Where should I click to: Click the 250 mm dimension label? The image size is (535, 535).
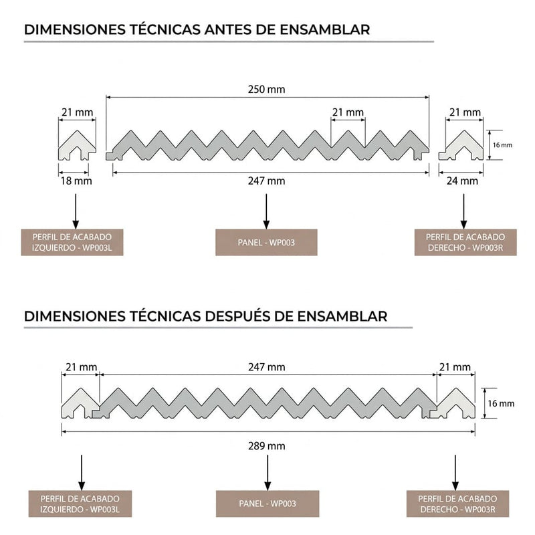point(266,90)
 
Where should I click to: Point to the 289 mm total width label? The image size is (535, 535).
point(267,445)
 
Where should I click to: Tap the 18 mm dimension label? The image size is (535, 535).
point(75,181)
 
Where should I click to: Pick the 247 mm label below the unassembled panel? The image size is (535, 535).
point(266,181)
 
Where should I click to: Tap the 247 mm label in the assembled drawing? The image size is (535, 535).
point(267,367)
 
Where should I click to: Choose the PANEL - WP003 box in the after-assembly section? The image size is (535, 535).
point(267,504)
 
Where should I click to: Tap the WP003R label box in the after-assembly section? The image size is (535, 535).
point(457,504)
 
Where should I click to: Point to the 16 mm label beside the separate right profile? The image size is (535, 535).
point(502,144)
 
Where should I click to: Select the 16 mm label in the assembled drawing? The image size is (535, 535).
point(502,403)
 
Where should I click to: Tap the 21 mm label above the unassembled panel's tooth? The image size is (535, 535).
point(348,112)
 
